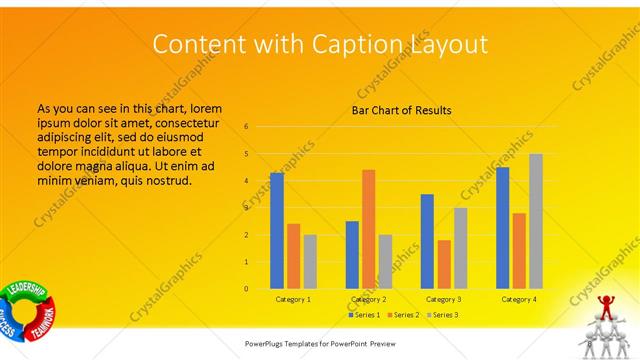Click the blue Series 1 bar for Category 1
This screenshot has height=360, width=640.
click(x=277, y=231)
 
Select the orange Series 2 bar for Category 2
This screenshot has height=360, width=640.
click(x=369, y=229)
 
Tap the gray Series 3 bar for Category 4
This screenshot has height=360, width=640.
click(x=535, y=221)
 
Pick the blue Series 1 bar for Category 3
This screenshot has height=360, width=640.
click(x=427, y=241)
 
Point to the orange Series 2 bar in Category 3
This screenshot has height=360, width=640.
click(x=444, y=264)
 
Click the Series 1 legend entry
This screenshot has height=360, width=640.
click(x=363, y=315)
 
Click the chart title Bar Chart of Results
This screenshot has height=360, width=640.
click(x=401, y=110)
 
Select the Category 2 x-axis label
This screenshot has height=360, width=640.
click(x=368, y=299)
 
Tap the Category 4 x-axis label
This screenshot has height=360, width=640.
click(x=518, y=299)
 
